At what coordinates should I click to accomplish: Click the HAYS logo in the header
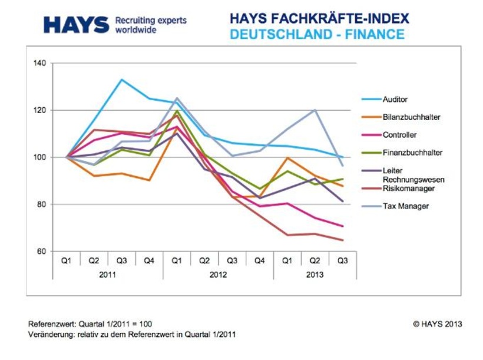pos(77,25)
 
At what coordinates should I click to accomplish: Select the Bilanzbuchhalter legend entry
pos(411,117)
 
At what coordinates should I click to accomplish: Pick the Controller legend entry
pos(399,135)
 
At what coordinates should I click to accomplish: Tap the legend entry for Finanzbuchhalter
pos(412,153)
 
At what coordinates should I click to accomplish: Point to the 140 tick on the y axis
pos(41,63)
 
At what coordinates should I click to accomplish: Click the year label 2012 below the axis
pos(218,275)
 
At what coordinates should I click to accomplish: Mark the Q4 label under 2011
pos(149,260)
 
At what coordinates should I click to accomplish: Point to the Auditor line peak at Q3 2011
pos(121,80)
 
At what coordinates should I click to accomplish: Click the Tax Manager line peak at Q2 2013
pos(315,110)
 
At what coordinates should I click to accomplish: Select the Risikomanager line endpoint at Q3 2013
pos(343,240)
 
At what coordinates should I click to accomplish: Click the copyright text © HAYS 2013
pos(438,323)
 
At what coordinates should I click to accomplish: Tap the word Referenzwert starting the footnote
pos(50,324)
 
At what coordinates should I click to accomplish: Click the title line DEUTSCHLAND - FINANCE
pos(317,35)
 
